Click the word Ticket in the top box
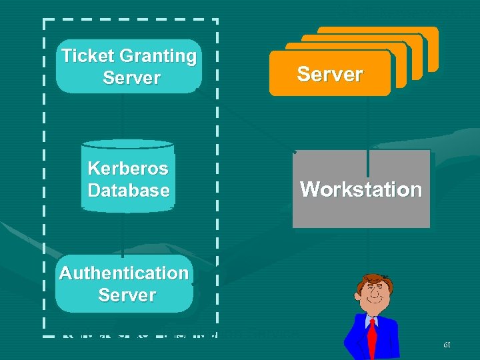[85, 56]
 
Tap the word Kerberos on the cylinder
[128, 168]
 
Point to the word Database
[129, 191]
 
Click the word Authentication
[124, 273]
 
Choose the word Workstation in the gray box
[361, 189]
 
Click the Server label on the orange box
[330, 74]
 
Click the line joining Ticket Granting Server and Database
[123, 116]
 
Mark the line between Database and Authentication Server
[123, 233]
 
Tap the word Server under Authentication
[127, 295]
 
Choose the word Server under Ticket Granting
[132, 78]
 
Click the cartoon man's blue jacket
[353, 337]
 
